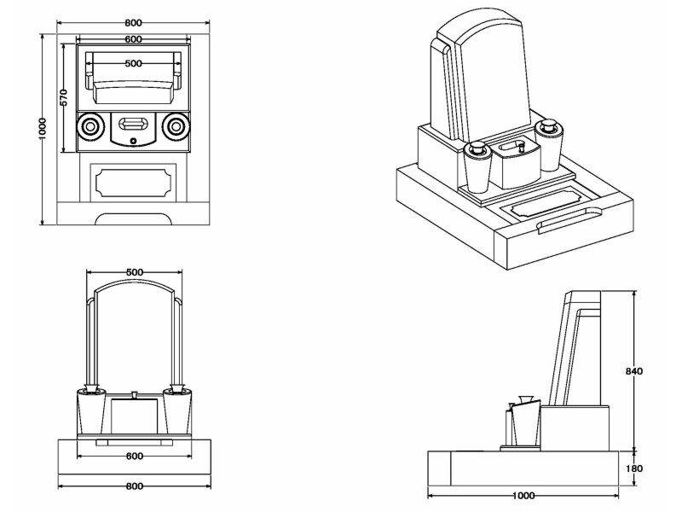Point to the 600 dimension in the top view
click(133, 39)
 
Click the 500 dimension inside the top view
click(133, 64)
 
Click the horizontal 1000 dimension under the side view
click(524, 495)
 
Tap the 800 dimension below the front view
click(134, 486)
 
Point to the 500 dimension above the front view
click(134, 272)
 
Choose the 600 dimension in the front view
click(134, 456)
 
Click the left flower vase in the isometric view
click(477, 166)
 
